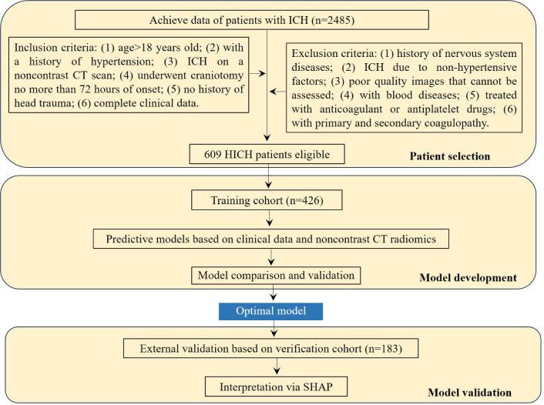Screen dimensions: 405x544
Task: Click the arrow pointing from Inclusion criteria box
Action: coord(260,75)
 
